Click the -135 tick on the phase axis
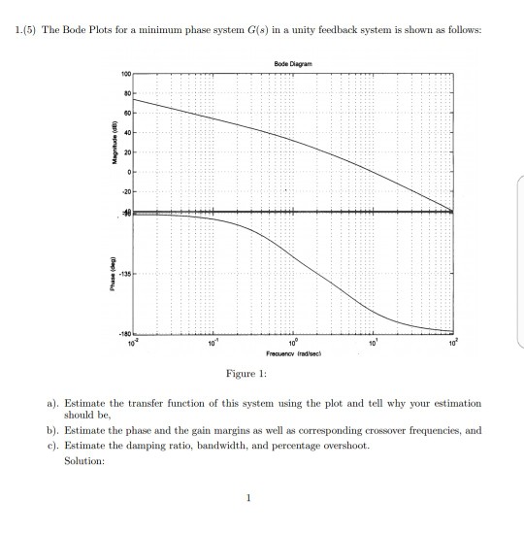point(124,274)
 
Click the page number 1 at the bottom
point(247,500)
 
